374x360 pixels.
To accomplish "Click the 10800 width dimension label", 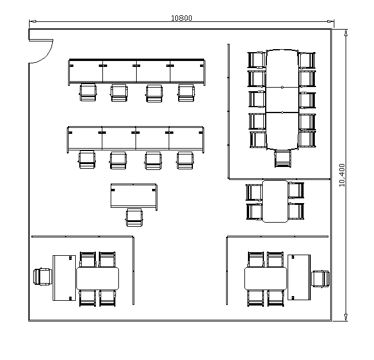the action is coord(182,18).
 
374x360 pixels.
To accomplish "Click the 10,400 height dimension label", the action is coord(342,175).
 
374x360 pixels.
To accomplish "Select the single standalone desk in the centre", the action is coord(134,197).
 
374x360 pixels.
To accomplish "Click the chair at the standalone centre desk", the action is coord(134,217).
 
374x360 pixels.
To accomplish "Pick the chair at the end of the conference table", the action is coord(283,159).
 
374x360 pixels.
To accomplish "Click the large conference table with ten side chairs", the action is coord(282,99).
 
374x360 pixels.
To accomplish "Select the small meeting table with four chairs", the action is coord(275,201).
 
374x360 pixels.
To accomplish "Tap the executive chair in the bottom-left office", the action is coord(43,277).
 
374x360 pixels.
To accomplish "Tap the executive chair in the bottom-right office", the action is coord(321,279).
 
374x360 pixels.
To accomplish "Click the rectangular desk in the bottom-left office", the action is coord(64,278).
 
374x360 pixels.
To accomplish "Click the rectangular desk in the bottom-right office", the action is coord(299,277).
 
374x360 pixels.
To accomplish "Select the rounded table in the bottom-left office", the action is coord(98,278).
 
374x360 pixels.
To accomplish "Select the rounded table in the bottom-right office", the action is coord(266,278).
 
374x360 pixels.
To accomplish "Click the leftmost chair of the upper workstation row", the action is coord(88,92).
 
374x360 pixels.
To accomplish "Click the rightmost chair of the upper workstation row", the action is coord(186,93).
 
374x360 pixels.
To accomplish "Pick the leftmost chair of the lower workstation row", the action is coord(87,159).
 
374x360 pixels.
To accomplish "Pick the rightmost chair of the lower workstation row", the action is coord(185,160).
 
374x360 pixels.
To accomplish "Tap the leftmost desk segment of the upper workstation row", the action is coord(86,72).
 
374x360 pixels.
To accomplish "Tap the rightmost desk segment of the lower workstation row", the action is coord(186,139).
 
